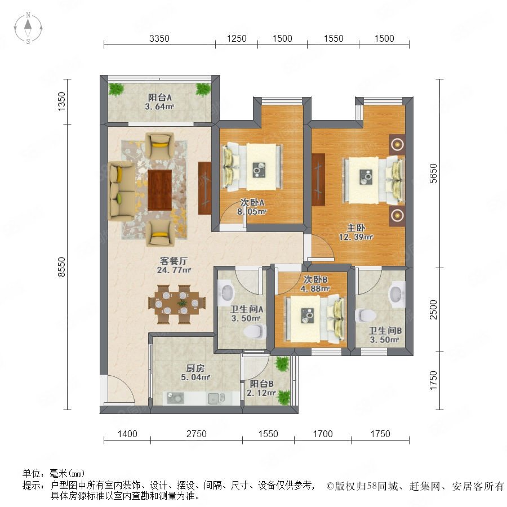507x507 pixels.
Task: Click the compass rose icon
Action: tap(28, 28)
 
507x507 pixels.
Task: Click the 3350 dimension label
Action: tap(159, 38)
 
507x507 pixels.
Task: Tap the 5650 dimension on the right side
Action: tap(433, 174)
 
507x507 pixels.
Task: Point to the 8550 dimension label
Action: tap(61, 267)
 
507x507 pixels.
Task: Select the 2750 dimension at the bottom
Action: tap(196, 434)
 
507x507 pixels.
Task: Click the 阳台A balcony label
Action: tap(160, 97)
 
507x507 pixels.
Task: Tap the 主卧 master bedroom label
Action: tap(355, 228)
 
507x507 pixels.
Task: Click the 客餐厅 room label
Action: tap(174, 261)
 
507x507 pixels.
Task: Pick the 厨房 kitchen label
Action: tap(195, 368)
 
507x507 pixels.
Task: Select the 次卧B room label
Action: tap(315, 279)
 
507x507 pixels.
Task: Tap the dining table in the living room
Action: tap(176, 304)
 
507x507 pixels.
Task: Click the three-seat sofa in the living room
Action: tap(122, 191)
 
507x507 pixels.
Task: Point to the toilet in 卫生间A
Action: tap(255, 332)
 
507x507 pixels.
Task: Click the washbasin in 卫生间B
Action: tap(397, 294)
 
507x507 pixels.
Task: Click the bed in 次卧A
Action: tap(252, 167)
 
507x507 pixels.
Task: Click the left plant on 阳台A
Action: tap(116, 90)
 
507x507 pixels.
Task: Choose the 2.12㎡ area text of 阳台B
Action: tap(261, 393)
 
